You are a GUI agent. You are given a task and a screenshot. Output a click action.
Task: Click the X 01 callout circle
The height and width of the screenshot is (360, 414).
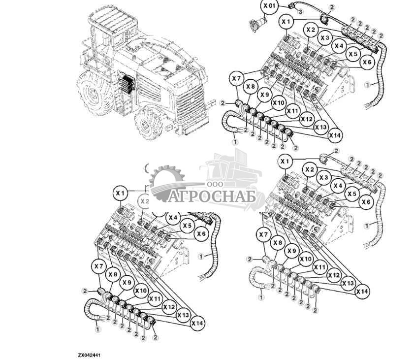[x=269, y=6]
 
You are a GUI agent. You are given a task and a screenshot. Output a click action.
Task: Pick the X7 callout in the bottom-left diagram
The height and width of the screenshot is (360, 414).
[x=98, y=266]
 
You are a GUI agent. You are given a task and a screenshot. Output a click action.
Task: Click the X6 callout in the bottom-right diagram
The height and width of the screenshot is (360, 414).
[x=366, y=201]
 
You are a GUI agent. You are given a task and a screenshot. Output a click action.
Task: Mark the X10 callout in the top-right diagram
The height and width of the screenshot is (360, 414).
[x=278, y=103]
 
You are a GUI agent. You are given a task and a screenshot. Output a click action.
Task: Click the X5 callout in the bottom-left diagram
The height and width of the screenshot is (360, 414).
[x=187, y=226]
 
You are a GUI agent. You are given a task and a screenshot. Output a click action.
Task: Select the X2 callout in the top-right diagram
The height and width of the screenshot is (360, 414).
[x=310, y=30]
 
